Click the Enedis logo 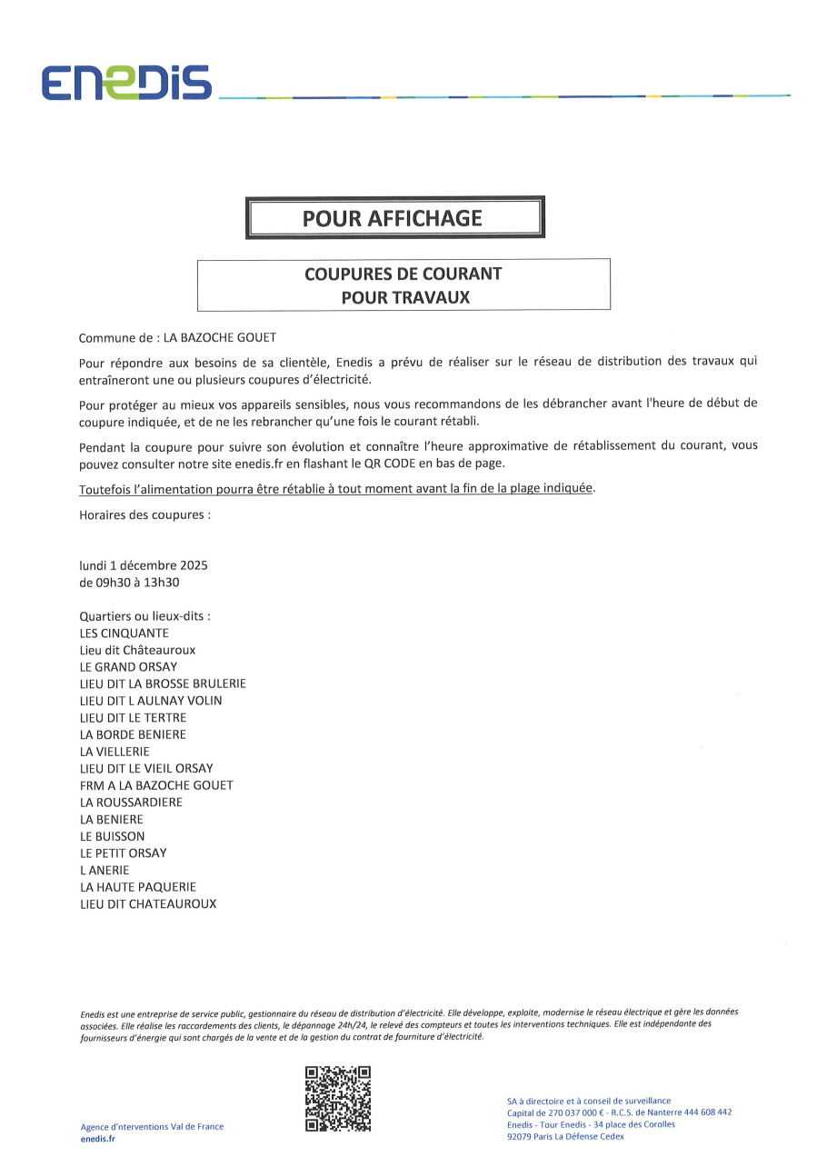tap(125, 83)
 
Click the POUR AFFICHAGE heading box tap(394, 218)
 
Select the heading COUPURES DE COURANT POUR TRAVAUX tap(404, 284)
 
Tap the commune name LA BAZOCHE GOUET tap(219, 337)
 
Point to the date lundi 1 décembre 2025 tap(144, 565)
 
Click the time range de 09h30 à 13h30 tap(135, 583)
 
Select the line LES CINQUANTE tap(124, 633)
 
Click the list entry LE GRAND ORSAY tap(128, 667)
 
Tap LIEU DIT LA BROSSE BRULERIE tap(163, 683)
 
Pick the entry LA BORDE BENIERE tap(133, 734)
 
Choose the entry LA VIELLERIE tap(115, 752)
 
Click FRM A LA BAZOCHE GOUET tap(156, 785)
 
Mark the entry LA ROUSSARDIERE tap(131, 803)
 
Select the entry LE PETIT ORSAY tap(123, 853)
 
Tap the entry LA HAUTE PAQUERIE tap(138, 887)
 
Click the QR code tap(338, 1099)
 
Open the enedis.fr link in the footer tap(98, 1139)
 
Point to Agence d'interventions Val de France tap(152, 1127)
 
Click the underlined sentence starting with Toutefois tap(336, 489)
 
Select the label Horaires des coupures tap(144, 514)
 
